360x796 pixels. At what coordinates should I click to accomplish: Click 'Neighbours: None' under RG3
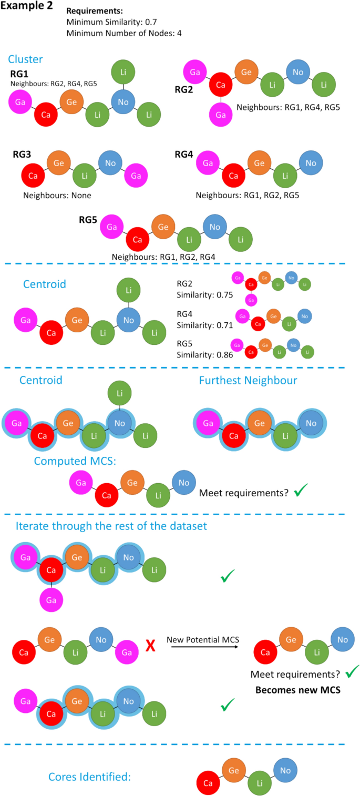coord(57,195)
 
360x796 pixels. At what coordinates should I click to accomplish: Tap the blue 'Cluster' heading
coord(25,59)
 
